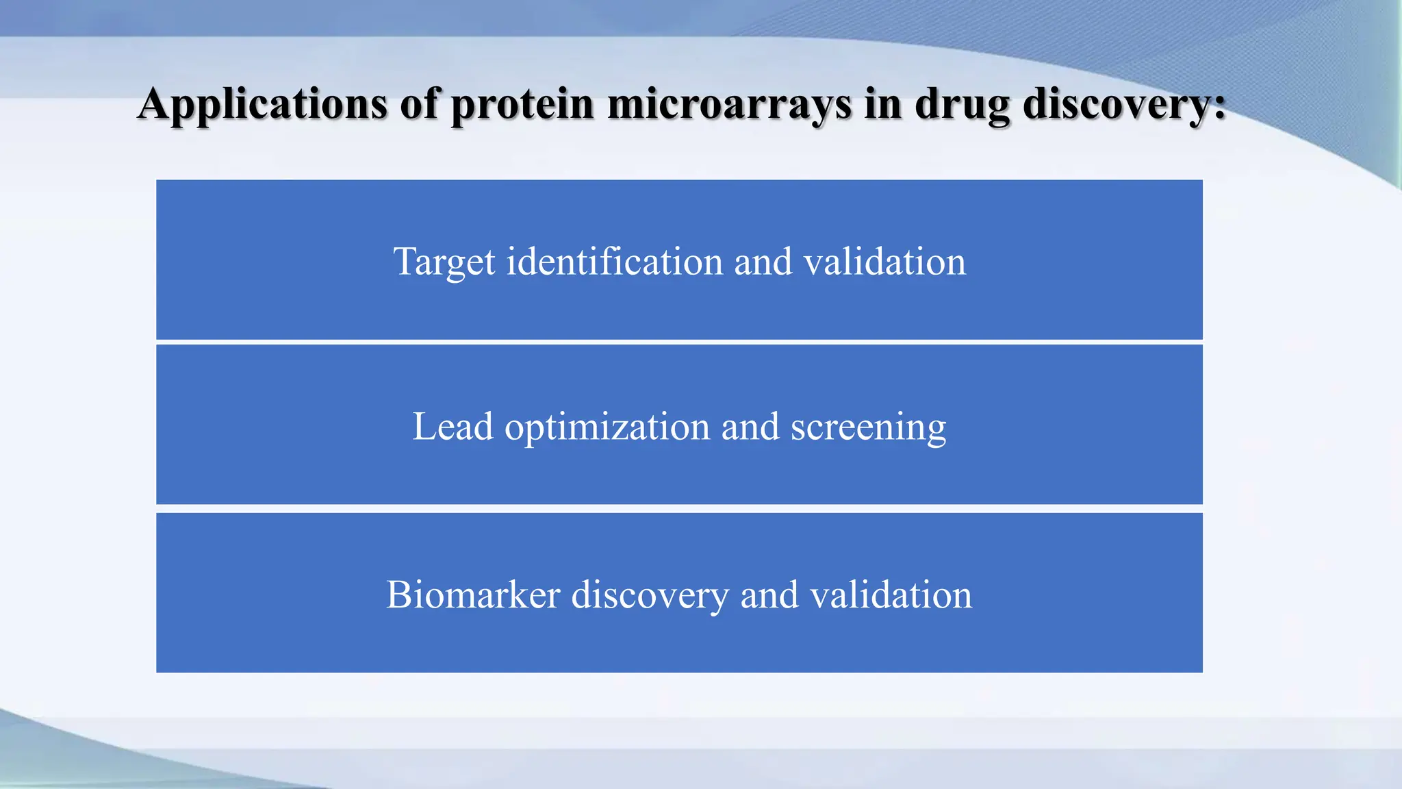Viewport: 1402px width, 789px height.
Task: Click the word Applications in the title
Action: pyautogui.click(x=263, y=105)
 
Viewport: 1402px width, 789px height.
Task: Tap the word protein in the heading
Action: pyautogui.click(x=522, y=105)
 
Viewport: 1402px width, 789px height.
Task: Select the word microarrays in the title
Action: pyautogui.click(x=729, y=105)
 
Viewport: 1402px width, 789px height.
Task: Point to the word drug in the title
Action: pyautogui.click(x=963, y=105)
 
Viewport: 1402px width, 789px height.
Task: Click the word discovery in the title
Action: pyautogui.click(x=1116, y=105)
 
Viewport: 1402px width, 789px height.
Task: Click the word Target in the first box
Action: pyautogui.click(x=444, y=262)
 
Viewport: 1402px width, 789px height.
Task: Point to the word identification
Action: pyautogui.click(x=614, y=262)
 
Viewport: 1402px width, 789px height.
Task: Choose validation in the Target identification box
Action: pyautogui.click(x=884, y=262)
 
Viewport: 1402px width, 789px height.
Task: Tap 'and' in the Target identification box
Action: pyautogui.click(x=763, y=262)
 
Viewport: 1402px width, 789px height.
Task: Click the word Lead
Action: pyautogui.click(x=453, y=427)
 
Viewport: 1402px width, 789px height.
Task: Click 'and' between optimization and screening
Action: pyautogui.click(x=750, y=427)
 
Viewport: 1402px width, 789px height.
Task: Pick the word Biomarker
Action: pyautogui.click(x=473, y=594)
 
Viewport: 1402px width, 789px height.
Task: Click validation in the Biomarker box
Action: pyautogui.click(x=891, y=594)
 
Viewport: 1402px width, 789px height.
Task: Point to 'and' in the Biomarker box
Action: pyautogui.click(x=769, y=594)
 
